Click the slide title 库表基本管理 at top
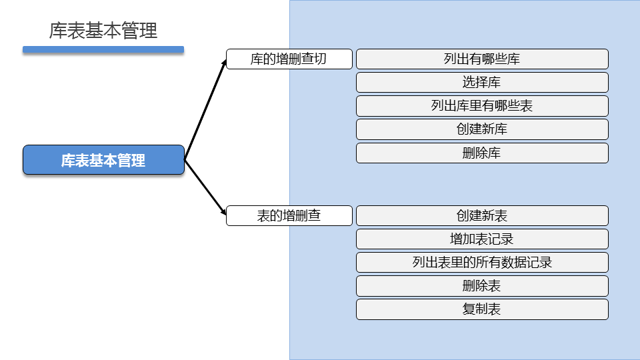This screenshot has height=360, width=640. [x=103, y=31]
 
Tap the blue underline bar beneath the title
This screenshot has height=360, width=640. [x=103, y=49]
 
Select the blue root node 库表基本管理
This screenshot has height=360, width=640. [x=103, y=160]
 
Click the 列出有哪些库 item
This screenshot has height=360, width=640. [x=482, y=59]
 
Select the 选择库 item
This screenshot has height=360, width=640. [x=482, y=83]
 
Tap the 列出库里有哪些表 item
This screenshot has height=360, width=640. [x=482, y=106]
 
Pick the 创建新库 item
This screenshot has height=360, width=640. [x=482, y=129]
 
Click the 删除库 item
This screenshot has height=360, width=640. [x=482, y=153]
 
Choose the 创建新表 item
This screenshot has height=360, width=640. [x=482, y=215]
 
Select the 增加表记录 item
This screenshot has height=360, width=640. [x=482, y=239]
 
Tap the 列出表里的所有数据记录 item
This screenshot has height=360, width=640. [x=482, y=262]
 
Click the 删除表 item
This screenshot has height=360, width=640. [x=482, y=286]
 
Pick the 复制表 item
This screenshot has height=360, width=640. [x=482, y=309]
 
